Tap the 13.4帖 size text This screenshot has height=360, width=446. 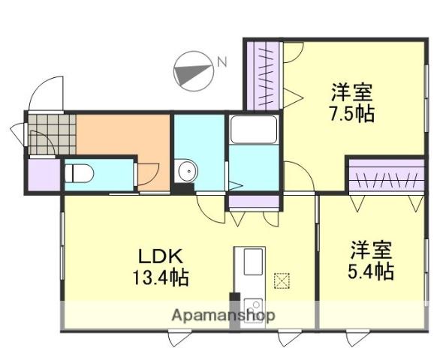point(160,277)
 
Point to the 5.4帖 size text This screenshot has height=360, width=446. point(372,270)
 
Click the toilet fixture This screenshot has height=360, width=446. point(78,173)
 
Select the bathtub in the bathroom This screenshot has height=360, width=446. point(254,131)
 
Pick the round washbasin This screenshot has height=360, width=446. point(185,172)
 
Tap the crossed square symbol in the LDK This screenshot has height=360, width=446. point(282,280)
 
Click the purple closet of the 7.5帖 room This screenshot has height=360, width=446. point(264,75)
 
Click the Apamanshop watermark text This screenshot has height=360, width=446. point(223,315)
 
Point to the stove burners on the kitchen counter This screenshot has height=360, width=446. point(253,305)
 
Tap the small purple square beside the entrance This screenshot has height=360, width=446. point(42,174)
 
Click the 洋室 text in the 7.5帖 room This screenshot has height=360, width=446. point(353,94)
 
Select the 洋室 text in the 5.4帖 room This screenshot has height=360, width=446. point(372,249)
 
